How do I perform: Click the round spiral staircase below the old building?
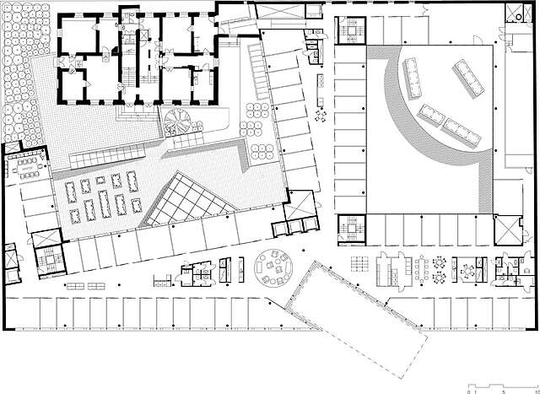pyautogui.click(x=179, y=121)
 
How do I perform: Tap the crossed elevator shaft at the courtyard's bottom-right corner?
pyautogui.click(x=508, y=230)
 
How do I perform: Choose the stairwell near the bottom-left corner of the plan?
pyautogui.click(x=47, y=260)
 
